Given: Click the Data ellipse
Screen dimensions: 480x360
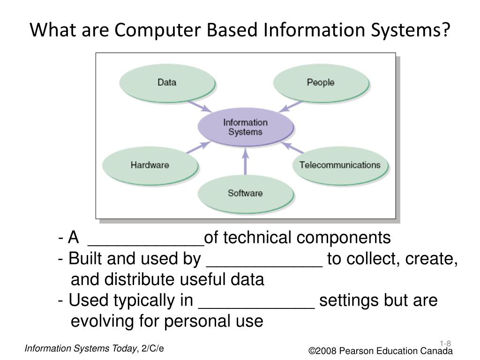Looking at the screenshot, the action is (167, 83).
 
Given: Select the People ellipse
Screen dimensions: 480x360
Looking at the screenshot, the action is (321, 83).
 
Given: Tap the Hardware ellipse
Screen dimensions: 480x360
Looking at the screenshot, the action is (150, 165).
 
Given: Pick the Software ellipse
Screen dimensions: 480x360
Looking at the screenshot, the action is (245, 193).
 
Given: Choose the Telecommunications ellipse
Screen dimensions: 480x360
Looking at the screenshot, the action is (340, 165).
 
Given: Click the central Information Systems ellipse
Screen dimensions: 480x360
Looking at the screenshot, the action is (245, 127).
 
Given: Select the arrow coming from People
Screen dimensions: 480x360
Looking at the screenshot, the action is (291, 105).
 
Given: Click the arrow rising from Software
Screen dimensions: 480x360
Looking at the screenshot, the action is (245, 162).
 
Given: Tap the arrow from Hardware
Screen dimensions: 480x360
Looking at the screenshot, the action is (197, 146).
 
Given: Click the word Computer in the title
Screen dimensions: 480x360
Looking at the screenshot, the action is (159, 30).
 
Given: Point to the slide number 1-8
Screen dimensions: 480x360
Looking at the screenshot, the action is (445, 343).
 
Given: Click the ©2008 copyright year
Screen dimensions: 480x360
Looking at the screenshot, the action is (323, 352).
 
